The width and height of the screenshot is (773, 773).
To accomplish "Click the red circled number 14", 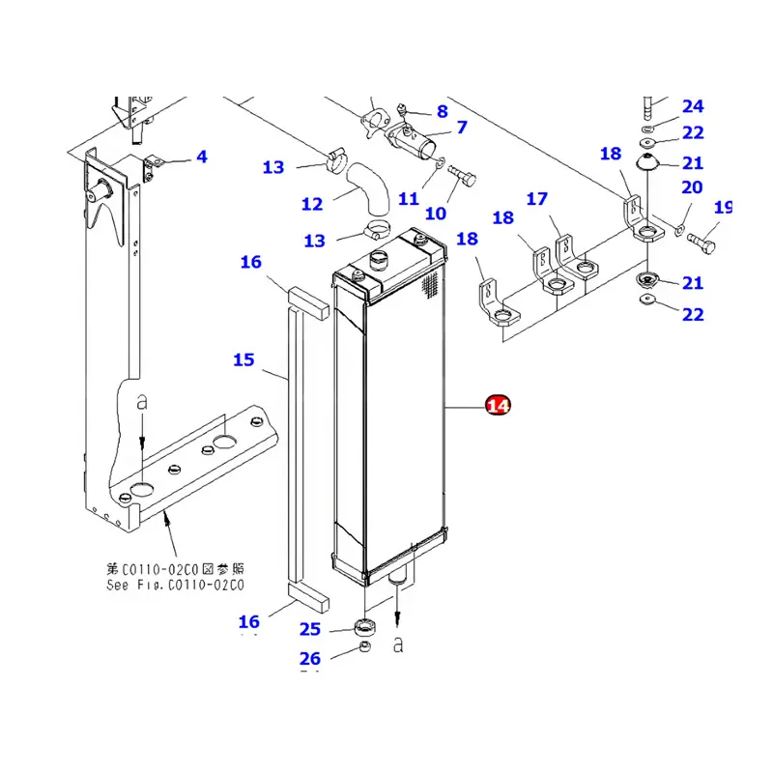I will (x=499, y=406).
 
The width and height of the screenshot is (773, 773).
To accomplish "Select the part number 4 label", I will (x=201, y=157).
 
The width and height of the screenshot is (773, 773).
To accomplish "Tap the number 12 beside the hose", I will (x=311, y=204).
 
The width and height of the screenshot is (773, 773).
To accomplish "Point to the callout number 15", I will (x=243, y=360).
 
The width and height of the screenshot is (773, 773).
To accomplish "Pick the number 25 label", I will (x=309, y=630).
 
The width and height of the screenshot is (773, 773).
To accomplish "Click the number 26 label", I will (x=309, y=659).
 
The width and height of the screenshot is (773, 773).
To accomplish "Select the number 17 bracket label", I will (x=537, y=199).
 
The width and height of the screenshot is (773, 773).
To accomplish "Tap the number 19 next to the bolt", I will (x=723, y=208).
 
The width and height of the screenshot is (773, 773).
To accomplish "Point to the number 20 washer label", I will (x=692, y=187).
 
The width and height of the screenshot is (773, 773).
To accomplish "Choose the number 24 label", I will (x=693, y=106).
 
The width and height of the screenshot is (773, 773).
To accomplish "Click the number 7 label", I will (x=461, y=127).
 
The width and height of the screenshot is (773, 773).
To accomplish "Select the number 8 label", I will (x=442, y=111).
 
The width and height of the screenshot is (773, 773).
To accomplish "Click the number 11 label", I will (x=409, y=199).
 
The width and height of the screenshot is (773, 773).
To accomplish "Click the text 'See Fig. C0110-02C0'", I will (x=174, y=585).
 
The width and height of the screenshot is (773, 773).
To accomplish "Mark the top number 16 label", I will (x=251, y=262).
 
